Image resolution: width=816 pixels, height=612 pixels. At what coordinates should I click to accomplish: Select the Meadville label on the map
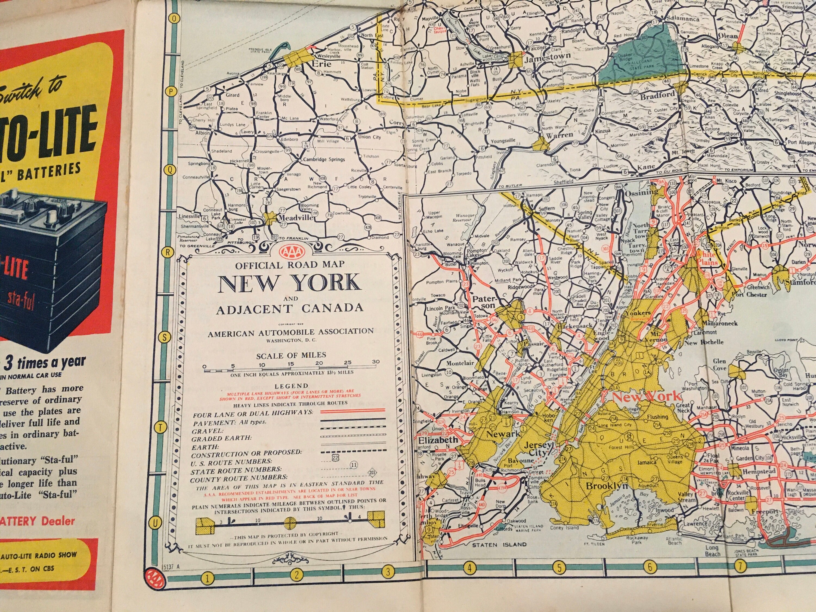[295, 218]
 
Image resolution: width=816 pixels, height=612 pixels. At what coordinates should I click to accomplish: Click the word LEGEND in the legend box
[291, 386]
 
